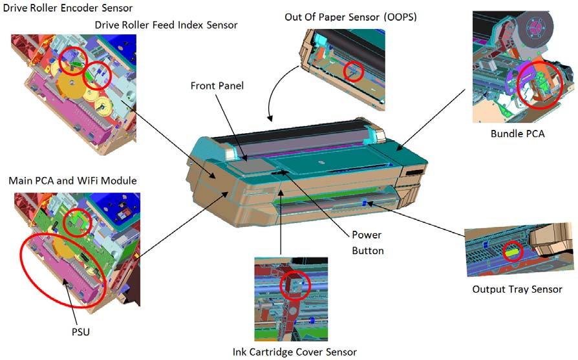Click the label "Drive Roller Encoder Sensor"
[68, 8]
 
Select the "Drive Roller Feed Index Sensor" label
[166, 25]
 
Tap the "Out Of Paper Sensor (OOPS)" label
[350, 17]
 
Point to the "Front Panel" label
[217, 86]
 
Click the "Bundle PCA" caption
[517, 133]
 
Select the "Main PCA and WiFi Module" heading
[72, 180]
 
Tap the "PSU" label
[81, 332]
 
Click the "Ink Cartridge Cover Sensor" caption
[295, 352]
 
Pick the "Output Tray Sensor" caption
[517, 290]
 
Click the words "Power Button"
[367, 242]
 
